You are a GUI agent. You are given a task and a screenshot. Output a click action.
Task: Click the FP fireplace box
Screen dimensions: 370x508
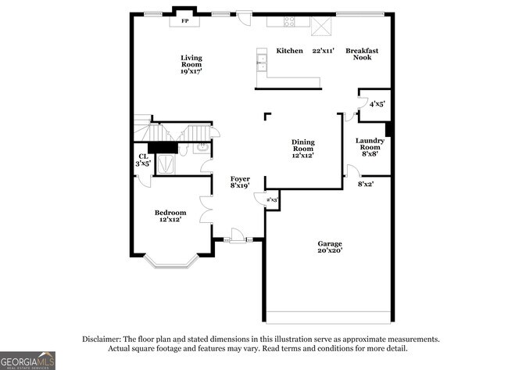click(185, 20)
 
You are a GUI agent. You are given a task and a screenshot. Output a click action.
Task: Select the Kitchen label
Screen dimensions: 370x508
click(289, 51)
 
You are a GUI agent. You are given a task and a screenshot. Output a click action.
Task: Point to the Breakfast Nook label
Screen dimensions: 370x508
click(362, 54)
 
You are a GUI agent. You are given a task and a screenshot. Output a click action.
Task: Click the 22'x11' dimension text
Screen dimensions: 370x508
click(323, 51)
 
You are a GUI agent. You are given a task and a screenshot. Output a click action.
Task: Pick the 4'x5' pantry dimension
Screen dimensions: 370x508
click(377, 103)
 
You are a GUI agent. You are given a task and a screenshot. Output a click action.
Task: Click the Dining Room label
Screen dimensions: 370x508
click(303, 148)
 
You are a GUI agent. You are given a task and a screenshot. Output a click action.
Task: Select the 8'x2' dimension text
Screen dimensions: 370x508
click(366, 185)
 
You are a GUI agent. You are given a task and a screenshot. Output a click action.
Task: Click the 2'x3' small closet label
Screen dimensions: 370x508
click(272, 200)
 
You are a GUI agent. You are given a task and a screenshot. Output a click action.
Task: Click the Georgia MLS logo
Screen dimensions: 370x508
click(28, 360)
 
